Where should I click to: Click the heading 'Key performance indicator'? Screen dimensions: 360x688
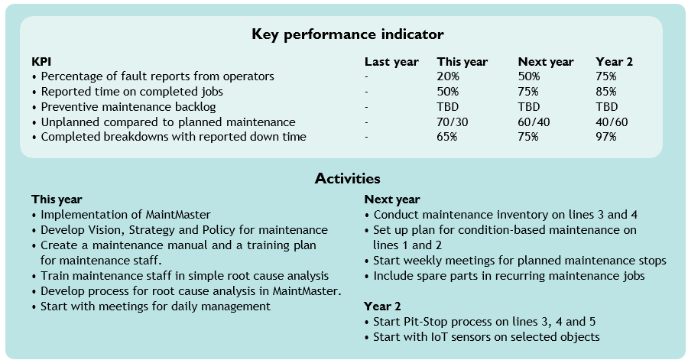click(347, 34)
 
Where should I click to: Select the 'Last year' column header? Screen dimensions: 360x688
click(391, 62)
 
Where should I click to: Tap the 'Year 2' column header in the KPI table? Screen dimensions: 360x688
click(614, 62)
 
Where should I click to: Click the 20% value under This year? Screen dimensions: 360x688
click(448, 76)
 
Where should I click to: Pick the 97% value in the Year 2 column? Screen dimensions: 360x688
click(606, 137)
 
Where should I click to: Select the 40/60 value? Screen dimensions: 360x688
click(612, 122)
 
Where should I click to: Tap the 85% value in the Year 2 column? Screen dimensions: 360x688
click(606, 92)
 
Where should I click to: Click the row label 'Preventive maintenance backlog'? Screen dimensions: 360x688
click(128, 107)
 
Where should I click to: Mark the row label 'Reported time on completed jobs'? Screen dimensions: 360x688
click(131, 92)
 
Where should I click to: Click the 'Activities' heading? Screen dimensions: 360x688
click(347, 179)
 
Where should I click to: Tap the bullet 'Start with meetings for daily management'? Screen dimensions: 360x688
click(155, 306)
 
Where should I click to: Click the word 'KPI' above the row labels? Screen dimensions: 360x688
click(42, 62)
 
